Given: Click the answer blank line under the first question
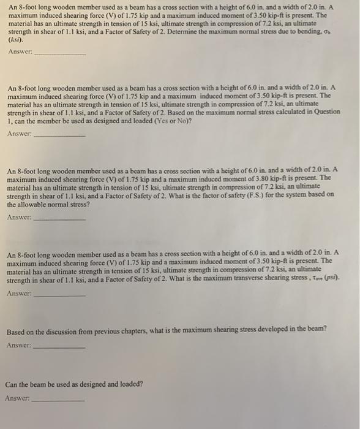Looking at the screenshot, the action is coord(60,54).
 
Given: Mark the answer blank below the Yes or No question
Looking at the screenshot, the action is coord(59,135).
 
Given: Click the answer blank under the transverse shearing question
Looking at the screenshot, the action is coord(59,295).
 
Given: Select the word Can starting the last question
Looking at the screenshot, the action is coord(12,384).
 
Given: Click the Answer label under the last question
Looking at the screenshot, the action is coord(17,398).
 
